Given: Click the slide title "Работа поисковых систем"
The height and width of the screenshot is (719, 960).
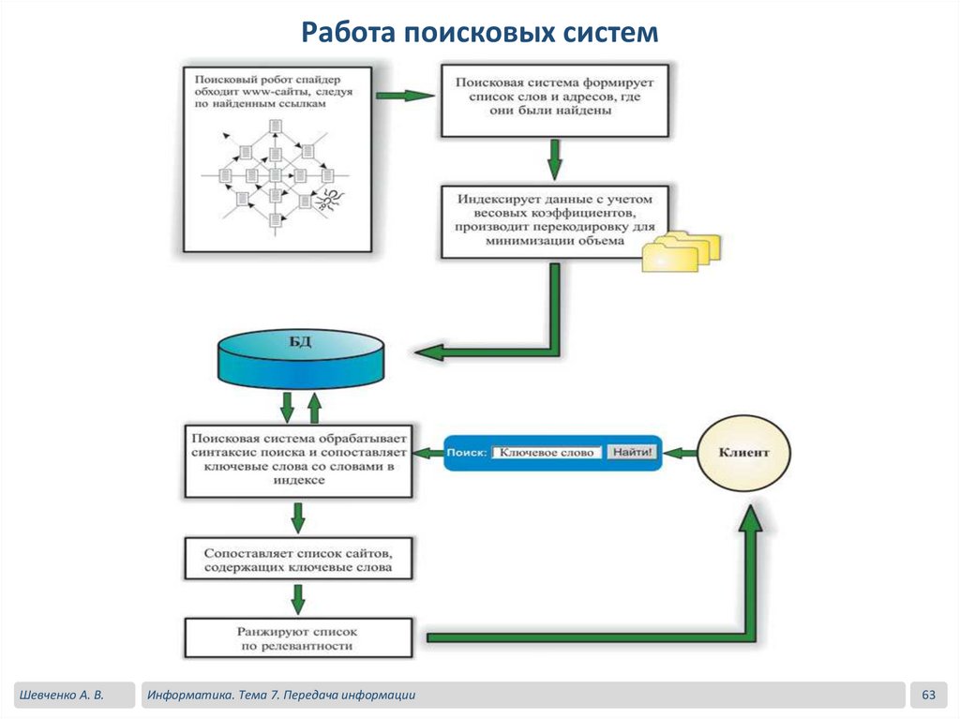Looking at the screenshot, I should pyautogui.click(x=479, y=34).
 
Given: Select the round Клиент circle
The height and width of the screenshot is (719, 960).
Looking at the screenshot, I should pyautogui.click(x=743, y=453).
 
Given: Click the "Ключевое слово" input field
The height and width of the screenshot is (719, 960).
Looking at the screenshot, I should pyautogui.click(x=547, y=452).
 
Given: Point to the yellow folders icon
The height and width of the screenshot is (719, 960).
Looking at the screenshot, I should pyautogui.click(x=682, y=250).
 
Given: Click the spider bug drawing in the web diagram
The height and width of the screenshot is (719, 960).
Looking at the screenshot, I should pyautogui.click(x=327, y=199).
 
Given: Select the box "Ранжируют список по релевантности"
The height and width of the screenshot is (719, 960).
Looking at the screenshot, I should pyautogui.click(x=298, y=637).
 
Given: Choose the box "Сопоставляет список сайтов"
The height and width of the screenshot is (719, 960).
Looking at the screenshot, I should pyautogui.click(x=298, y=560).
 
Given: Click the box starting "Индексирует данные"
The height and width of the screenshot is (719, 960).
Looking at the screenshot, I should pyautogui.click(x=554, y=221).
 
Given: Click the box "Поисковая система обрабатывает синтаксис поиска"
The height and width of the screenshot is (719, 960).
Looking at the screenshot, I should pyautogui.click(x=298, y=460).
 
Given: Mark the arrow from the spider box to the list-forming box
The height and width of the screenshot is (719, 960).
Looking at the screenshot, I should pyautogui.click(x=405, y=96).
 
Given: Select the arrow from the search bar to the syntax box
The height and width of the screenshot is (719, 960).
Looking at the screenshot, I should pyautogui.click(x=428, y=453).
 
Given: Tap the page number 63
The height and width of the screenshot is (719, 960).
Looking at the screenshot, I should pyautogui.click(x=929, y=695).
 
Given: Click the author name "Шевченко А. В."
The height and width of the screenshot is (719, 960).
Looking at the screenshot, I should pyautogui.click(x=59, y=695).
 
